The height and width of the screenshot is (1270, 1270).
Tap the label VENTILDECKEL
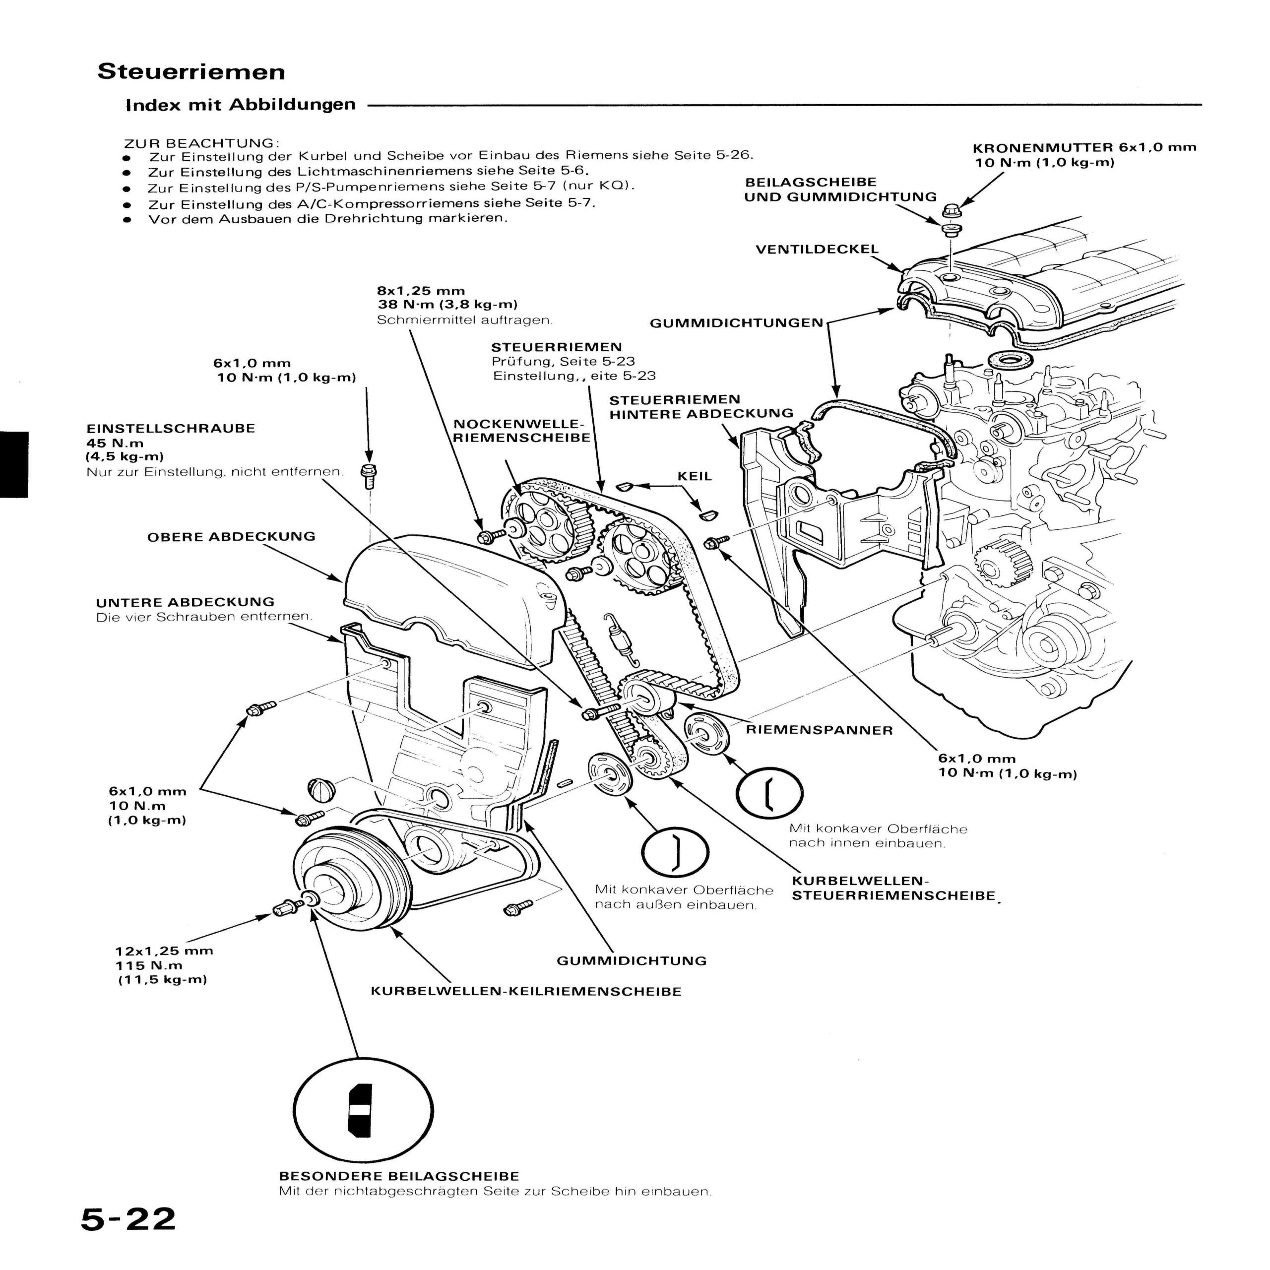(817, 250)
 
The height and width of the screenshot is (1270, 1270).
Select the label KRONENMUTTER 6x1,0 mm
(1084, 148)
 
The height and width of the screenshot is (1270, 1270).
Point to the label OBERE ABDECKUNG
(231, 536)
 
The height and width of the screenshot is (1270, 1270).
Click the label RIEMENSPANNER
(819, 730)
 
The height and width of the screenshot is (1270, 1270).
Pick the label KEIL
(695, 476)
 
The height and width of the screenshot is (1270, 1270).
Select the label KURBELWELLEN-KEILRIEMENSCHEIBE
(526, 991)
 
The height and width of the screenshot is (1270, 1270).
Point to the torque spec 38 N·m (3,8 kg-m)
(447, 304)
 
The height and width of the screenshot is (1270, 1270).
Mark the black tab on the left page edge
(14, 464)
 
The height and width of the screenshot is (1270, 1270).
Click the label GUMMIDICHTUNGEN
(736, 323)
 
